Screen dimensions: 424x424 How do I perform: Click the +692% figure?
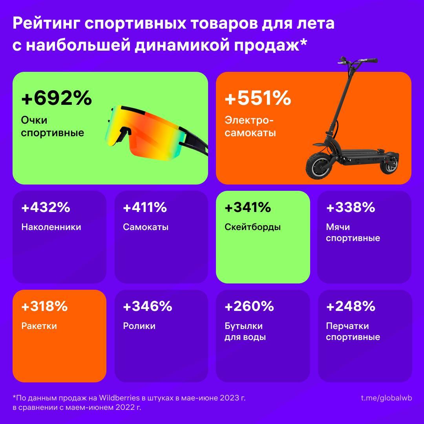pyautogui.click(x=56, y=99)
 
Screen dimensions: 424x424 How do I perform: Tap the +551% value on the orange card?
pyautogui.click(x=258, y=99)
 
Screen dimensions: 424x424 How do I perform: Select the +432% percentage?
pyautogui.click(x=46, y=207)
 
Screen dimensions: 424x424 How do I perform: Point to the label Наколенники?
pyautogui.click(x=51, y=227)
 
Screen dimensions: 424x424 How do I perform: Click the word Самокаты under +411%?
pyautogui.click(x=146, y=227)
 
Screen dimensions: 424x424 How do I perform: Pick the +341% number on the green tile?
pyautogui.click(x=248, y=207)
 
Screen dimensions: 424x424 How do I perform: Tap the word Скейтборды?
pyautogui.click(x=252, y=227)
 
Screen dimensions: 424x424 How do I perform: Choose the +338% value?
pyautogui.click(x=350, y=207)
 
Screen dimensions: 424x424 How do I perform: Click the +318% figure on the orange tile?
pyautogui.click(x=44, y=306)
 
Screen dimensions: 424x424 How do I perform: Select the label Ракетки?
pyautogui.click(x=39, y=326)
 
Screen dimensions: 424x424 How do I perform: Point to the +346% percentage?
pyautogui.click(x=147, y=306)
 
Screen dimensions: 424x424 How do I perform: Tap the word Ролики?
pyautogui.click(x=139, y=326)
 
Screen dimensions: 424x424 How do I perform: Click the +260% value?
pyautogui.click(x=249, y=306)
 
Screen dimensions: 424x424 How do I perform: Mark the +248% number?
pyautogui.click(x=350, y=306)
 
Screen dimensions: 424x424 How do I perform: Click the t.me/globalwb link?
pyautogui.click(x=386, y=398)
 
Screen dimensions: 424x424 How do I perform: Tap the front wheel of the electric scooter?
pyautogui.click(x=320, y=166)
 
